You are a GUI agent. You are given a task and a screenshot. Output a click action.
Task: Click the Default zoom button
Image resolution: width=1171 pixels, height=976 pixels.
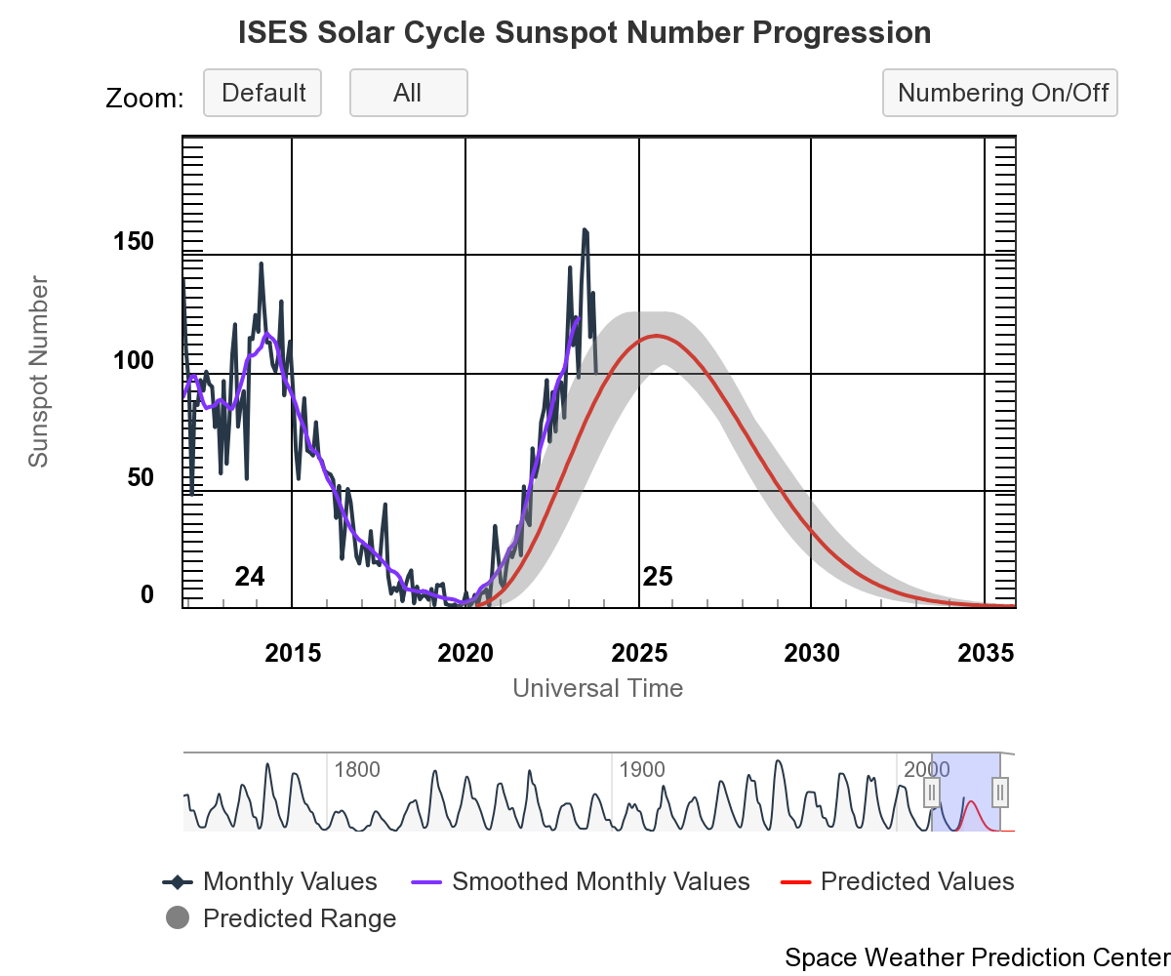tap(262, 94)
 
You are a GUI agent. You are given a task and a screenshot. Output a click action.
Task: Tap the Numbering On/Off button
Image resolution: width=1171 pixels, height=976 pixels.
tap(1000, 94)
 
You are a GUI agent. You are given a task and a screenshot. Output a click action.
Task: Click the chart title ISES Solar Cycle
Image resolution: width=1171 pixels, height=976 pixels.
tap(585, 33)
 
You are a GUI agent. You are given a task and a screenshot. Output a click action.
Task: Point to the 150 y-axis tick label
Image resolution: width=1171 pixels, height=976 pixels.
tap(134, 242)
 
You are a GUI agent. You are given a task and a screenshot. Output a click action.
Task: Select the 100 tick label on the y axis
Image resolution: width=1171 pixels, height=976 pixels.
tap(134, 360)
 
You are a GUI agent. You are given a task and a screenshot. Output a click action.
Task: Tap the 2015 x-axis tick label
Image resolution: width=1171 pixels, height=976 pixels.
tap(293, 653)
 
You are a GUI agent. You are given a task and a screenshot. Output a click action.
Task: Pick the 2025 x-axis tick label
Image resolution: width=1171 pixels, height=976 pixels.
tap(639, 653)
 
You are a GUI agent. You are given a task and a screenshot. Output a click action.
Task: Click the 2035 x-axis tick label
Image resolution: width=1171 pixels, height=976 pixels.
tap(986, 653)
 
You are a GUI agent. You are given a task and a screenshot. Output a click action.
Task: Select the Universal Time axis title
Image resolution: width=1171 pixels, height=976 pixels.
tap(597, 688)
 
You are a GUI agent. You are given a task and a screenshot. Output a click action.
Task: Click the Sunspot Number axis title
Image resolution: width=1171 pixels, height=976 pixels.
tap(38, 372)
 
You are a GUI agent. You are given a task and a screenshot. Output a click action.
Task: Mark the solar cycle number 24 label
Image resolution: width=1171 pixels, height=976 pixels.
tap(250, 577)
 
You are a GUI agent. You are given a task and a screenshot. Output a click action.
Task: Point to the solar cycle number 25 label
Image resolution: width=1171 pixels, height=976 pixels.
tap(658, 577)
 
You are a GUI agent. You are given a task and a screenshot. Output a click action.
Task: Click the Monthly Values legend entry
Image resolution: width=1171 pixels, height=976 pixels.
tap(289, 882)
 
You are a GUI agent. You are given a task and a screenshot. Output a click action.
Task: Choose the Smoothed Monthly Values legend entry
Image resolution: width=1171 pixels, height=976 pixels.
tap(600, 882)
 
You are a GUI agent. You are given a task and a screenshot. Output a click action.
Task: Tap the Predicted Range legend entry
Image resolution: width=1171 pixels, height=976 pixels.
tap(299, 919)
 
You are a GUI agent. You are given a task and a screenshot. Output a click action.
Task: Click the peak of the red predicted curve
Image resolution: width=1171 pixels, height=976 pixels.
tap(657, 336)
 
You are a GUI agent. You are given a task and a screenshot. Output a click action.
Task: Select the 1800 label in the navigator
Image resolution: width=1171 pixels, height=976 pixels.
tap(356, 770)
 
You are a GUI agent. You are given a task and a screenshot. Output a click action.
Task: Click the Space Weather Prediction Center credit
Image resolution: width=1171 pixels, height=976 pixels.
tap(976, 957)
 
